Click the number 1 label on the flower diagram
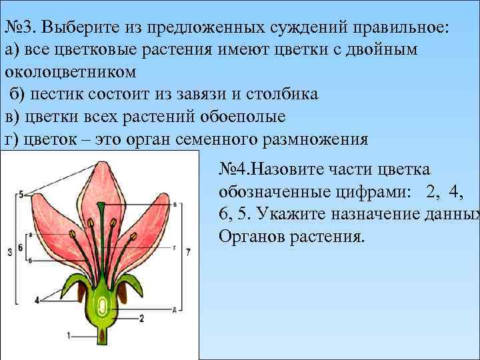(x=69, y=335)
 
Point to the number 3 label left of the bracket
(x=9, y=252)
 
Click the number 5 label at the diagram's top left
(x=21, y=194)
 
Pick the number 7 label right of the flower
(x=189, y=252)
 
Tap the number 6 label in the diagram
(x=21, y=247)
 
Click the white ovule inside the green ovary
(x=104, y=307)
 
